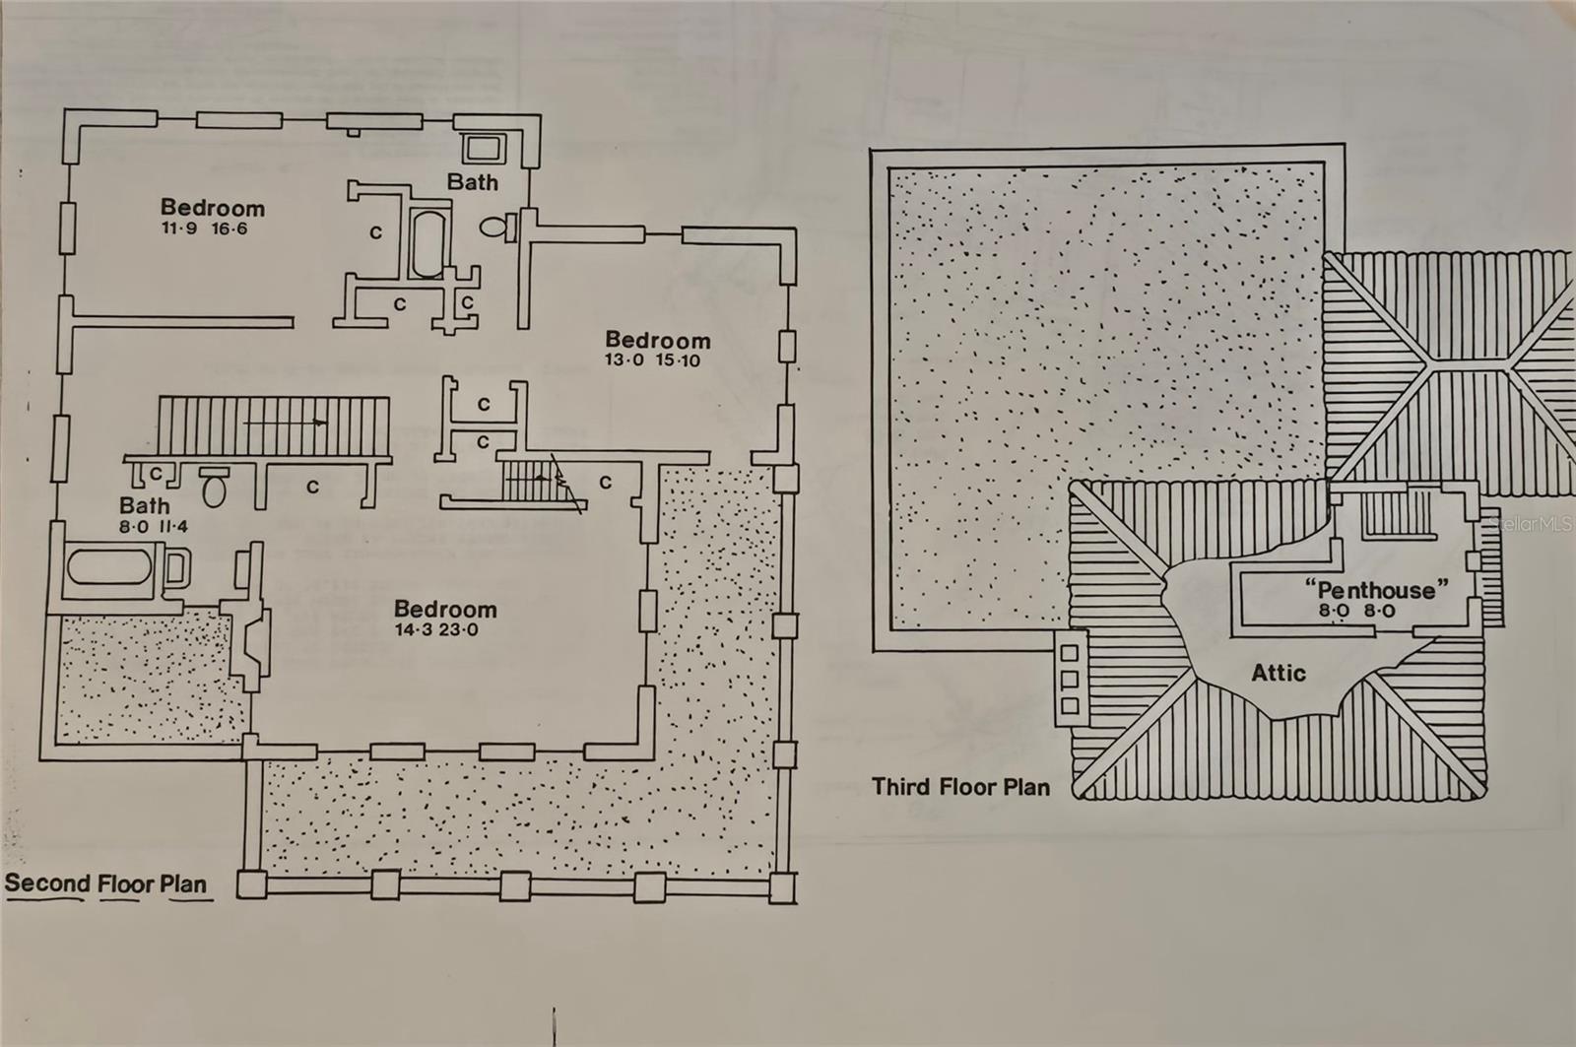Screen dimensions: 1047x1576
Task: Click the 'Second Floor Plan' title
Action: (106, 883)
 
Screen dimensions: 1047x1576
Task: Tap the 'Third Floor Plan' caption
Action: (960, 787)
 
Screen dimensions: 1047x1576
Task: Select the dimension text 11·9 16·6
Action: (205, 229)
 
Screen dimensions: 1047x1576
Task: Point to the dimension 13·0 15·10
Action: (652, 360)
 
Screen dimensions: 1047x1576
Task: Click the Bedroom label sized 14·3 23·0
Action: (445, 610)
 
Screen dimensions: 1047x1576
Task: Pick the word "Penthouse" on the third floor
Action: (1376, 590)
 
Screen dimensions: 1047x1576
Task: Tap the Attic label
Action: (1279, 674)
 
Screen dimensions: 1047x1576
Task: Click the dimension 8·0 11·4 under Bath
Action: (154, 527)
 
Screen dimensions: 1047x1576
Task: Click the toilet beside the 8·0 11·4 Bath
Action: (215, 486)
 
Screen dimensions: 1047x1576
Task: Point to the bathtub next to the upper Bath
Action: (427, 242)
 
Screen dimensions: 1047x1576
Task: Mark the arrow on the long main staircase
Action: (286, 422)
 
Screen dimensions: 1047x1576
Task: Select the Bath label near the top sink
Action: (472, 182)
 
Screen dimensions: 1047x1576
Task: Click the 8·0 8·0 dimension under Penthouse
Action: (1357, 612)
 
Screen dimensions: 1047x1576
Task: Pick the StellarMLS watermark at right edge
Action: (1533, 525)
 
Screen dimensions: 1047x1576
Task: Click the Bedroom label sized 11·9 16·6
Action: (213, 208)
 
